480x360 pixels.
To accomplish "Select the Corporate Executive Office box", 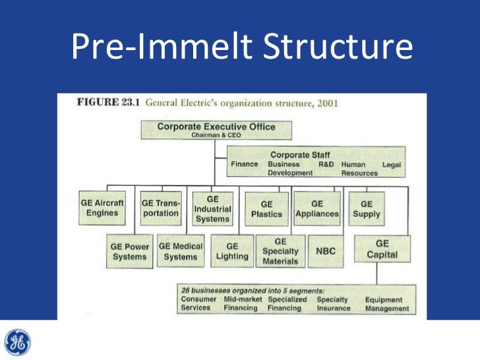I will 216,129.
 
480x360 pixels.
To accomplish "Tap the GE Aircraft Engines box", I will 102,208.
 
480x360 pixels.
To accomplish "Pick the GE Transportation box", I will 161,208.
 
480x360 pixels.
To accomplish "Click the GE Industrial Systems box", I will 212,208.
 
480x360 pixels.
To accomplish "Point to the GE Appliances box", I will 317,209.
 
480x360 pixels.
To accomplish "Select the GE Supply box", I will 367,209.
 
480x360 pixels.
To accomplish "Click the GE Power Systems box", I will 130,251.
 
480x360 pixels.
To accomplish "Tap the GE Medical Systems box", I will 181,251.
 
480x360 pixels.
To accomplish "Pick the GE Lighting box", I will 232,251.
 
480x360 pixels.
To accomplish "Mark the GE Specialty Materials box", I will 280,251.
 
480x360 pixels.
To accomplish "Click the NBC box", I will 326,251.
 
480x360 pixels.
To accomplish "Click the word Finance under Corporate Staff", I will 244,164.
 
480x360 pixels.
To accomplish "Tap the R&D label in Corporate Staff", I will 326,164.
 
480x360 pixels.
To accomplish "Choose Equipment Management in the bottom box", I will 387,303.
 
